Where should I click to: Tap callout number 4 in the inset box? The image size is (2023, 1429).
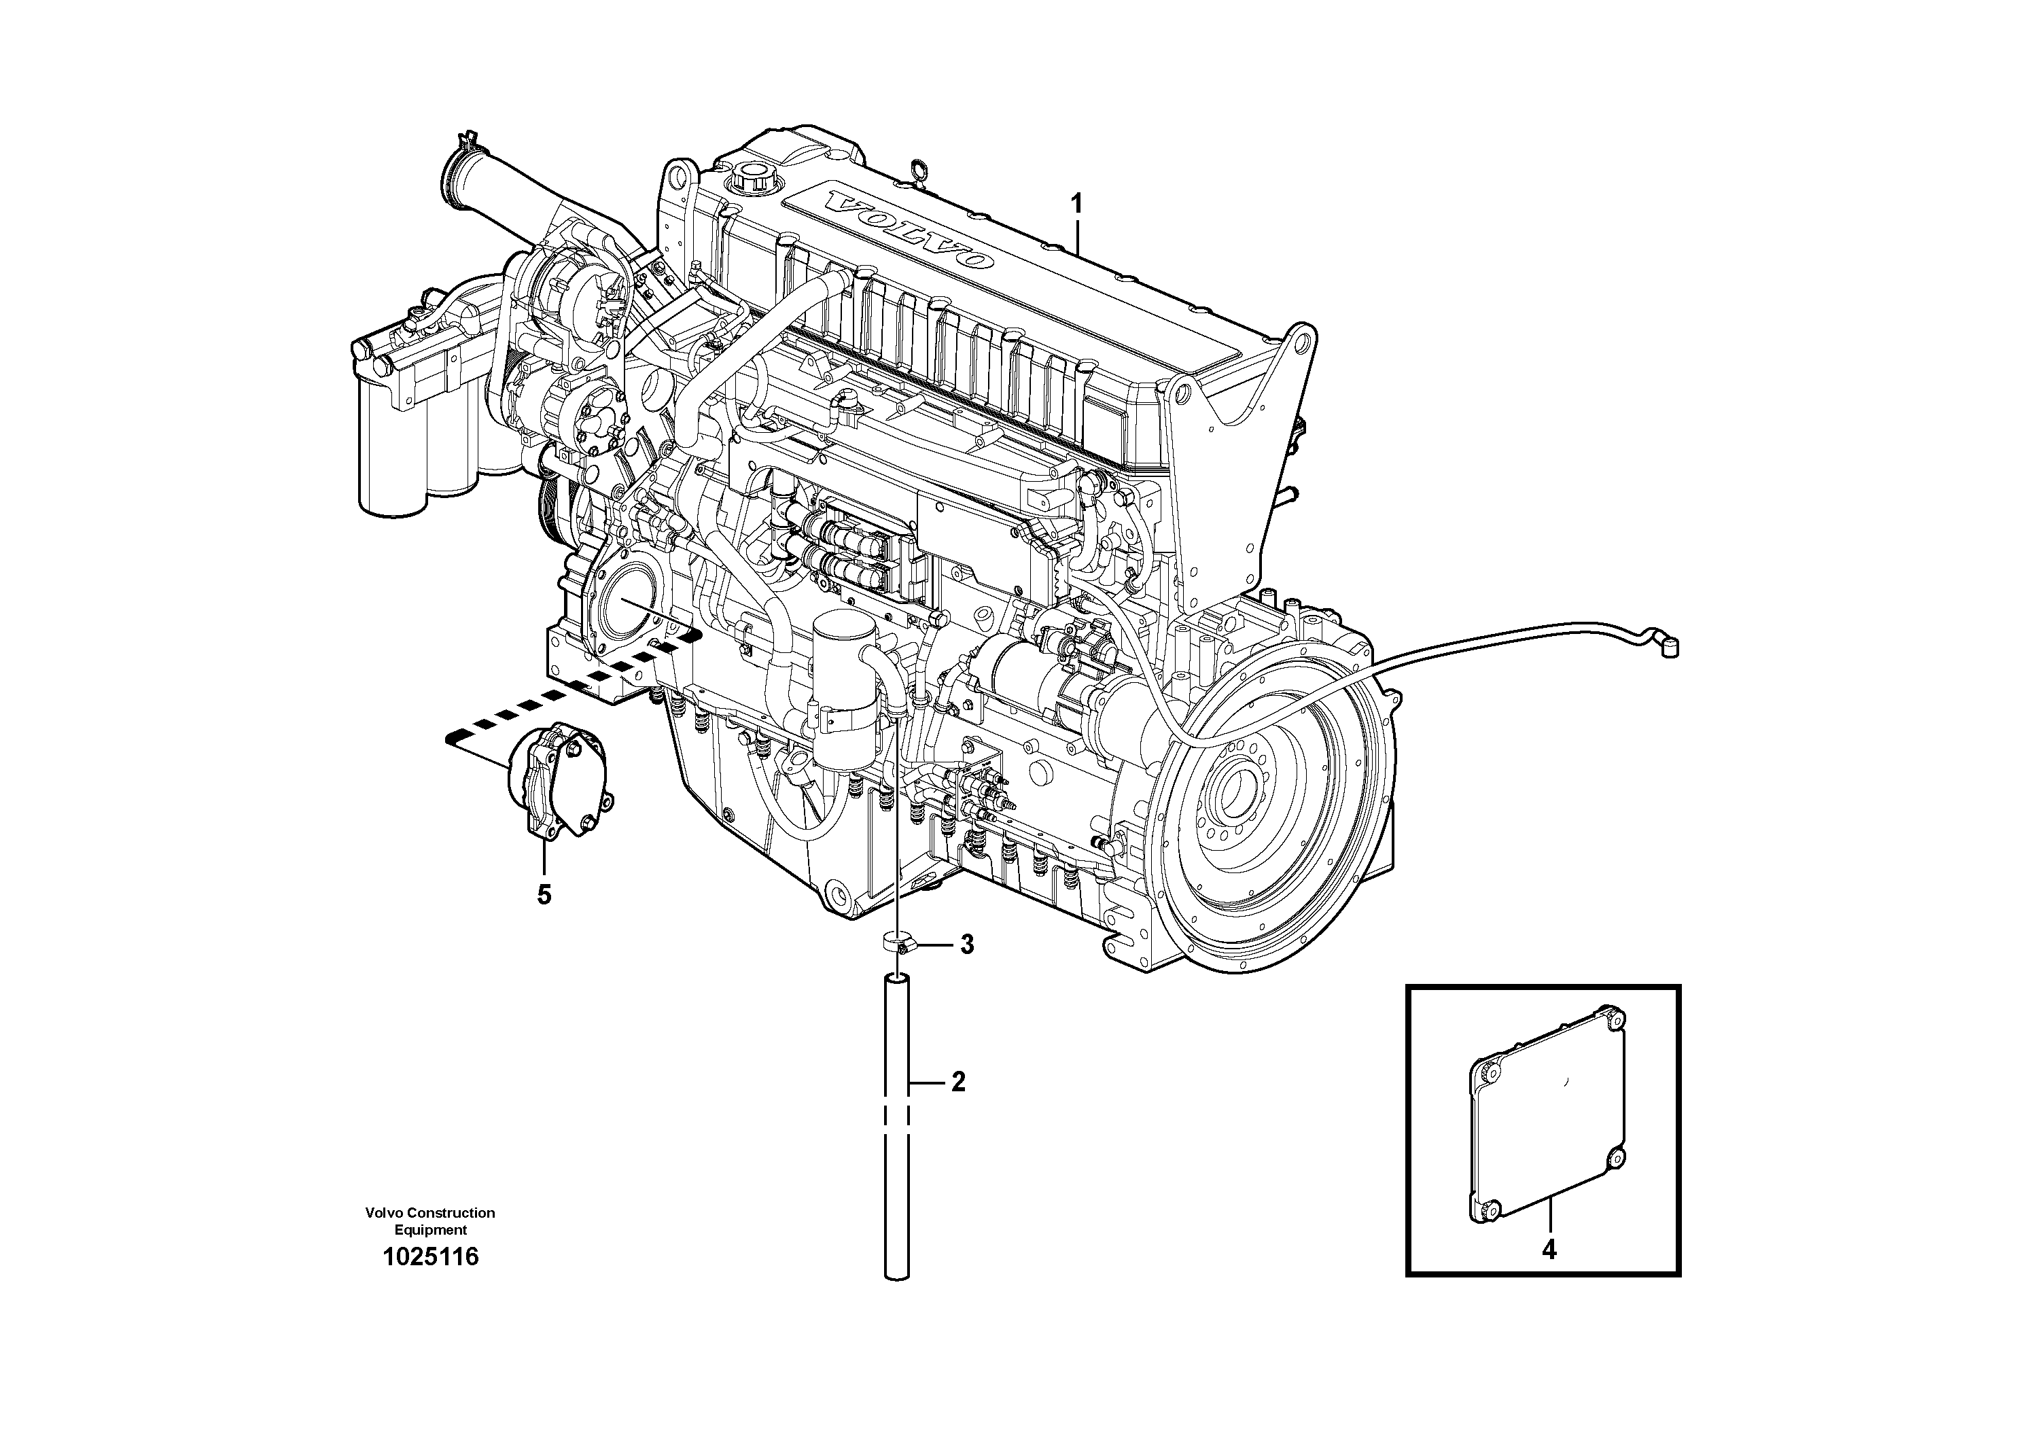point(1549,1250)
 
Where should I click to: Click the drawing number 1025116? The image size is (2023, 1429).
point(431,1257)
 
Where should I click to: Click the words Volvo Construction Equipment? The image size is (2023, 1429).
point(431,1221)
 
